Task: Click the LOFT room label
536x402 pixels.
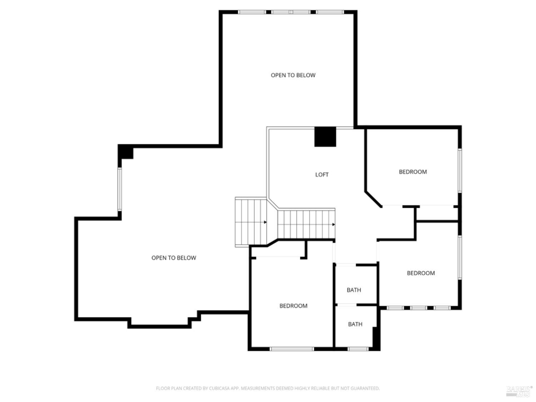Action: tap(322, 174)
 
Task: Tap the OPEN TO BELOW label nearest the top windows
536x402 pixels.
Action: tap(293, 75)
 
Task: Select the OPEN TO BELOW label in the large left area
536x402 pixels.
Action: tap(174, 258)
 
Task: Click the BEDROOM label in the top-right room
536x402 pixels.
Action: tap(413, 172)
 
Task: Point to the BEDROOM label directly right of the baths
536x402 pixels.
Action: tap(421, 273)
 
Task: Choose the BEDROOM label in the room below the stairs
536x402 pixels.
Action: tap(293, 306)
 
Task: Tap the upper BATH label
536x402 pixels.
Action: tap(354, 290)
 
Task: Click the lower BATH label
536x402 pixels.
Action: tap(355, 324)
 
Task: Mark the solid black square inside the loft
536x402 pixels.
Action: tap(325, 137)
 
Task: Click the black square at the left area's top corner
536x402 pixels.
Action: tap(126, 152)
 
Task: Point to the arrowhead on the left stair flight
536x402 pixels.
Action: tap(265, 222)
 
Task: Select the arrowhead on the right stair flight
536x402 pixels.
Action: tap(333, 224)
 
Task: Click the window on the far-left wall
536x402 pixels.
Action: tap(120, 189)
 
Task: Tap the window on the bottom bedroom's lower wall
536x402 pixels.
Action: tap(292, 349)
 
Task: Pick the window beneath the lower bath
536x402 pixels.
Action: tap(358, 349)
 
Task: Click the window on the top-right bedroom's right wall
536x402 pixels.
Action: tap(460, 171)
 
